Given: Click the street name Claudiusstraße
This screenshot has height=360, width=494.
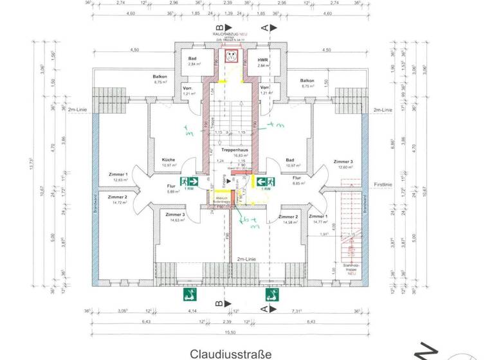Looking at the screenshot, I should (231, 354).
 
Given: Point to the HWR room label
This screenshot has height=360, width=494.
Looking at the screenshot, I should (262, 60).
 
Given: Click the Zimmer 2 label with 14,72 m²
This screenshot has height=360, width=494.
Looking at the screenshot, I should (118, 197).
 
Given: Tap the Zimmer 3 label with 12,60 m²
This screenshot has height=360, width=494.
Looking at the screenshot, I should (343, 161).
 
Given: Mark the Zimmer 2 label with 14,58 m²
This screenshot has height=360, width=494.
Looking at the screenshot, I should (288, 217).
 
